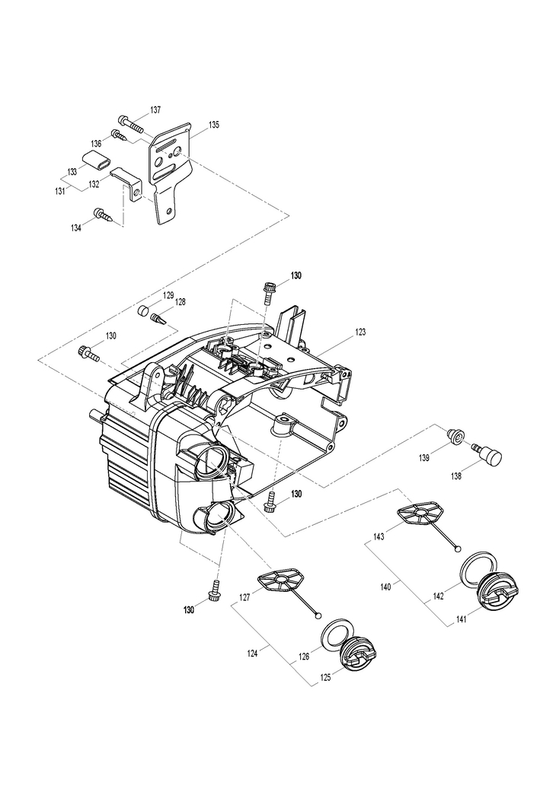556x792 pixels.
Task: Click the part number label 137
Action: click(x=155, y=110)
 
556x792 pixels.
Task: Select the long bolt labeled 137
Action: click(x=130, y=122)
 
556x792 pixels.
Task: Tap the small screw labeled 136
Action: click(x=120, y=135)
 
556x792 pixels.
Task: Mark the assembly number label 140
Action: click(x=385, y=587)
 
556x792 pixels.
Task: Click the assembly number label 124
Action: click(x=252, y=654)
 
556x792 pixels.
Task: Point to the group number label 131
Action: click(x=60, y=191)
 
